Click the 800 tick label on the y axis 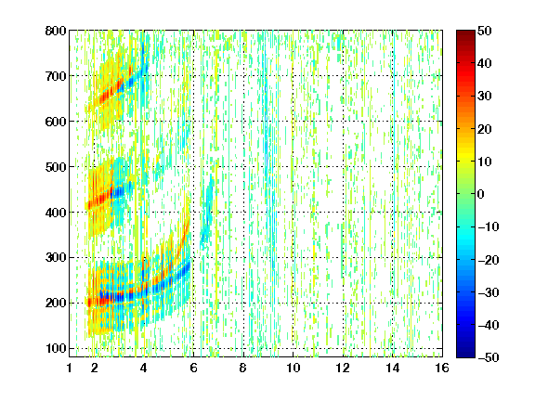(x=56, y=31)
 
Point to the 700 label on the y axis (x=56, y=76)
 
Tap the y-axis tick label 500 (x=56, y=167)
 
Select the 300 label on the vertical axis (x=56, y=258)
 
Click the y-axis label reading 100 (x=56, y=348)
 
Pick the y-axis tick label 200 (x=56, y=304)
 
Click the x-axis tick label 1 (x=70, y=368)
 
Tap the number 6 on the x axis (x=194, y=368)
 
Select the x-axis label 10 (x=294, y=368)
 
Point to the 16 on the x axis (x=442, y=368)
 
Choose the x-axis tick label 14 (x=393, y=368)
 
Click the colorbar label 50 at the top (x=484, y=31)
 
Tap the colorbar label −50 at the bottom (x=489, y=357)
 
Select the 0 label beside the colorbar (x=481, y=194)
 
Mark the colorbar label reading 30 (x=484, y=97)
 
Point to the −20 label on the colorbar (x=489, y=260)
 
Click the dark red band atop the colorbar (x=465, y=37)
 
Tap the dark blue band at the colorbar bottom (x=465, y=350)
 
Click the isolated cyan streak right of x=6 (x=207, y=212)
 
